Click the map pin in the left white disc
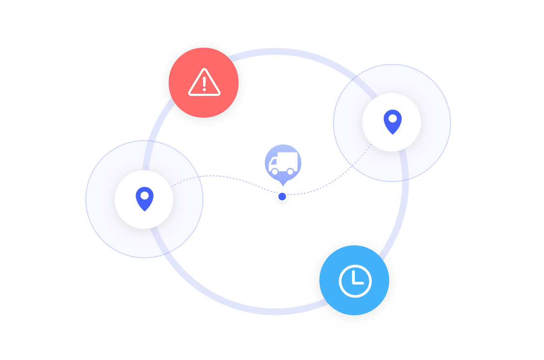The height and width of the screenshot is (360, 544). pos(144,199)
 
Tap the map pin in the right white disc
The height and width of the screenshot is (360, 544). pos(393,122)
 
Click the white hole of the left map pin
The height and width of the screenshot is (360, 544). pos(144,195)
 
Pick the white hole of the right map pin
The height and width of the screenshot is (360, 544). pos(393,118)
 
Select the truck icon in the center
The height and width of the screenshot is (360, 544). pos(283,163)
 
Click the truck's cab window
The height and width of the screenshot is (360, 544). pos(273,162)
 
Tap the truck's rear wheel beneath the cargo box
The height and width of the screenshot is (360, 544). pos(290,171)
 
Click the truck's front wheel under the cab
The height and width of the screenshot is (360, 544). pos(275,171)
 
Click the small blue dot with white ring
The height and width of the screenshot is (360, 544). pos(282,196)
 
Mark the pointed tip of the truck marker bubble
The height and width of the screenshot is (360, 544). pos(283,185)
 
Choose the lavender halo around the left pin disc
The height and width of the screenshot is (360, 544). pos(100,199)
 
